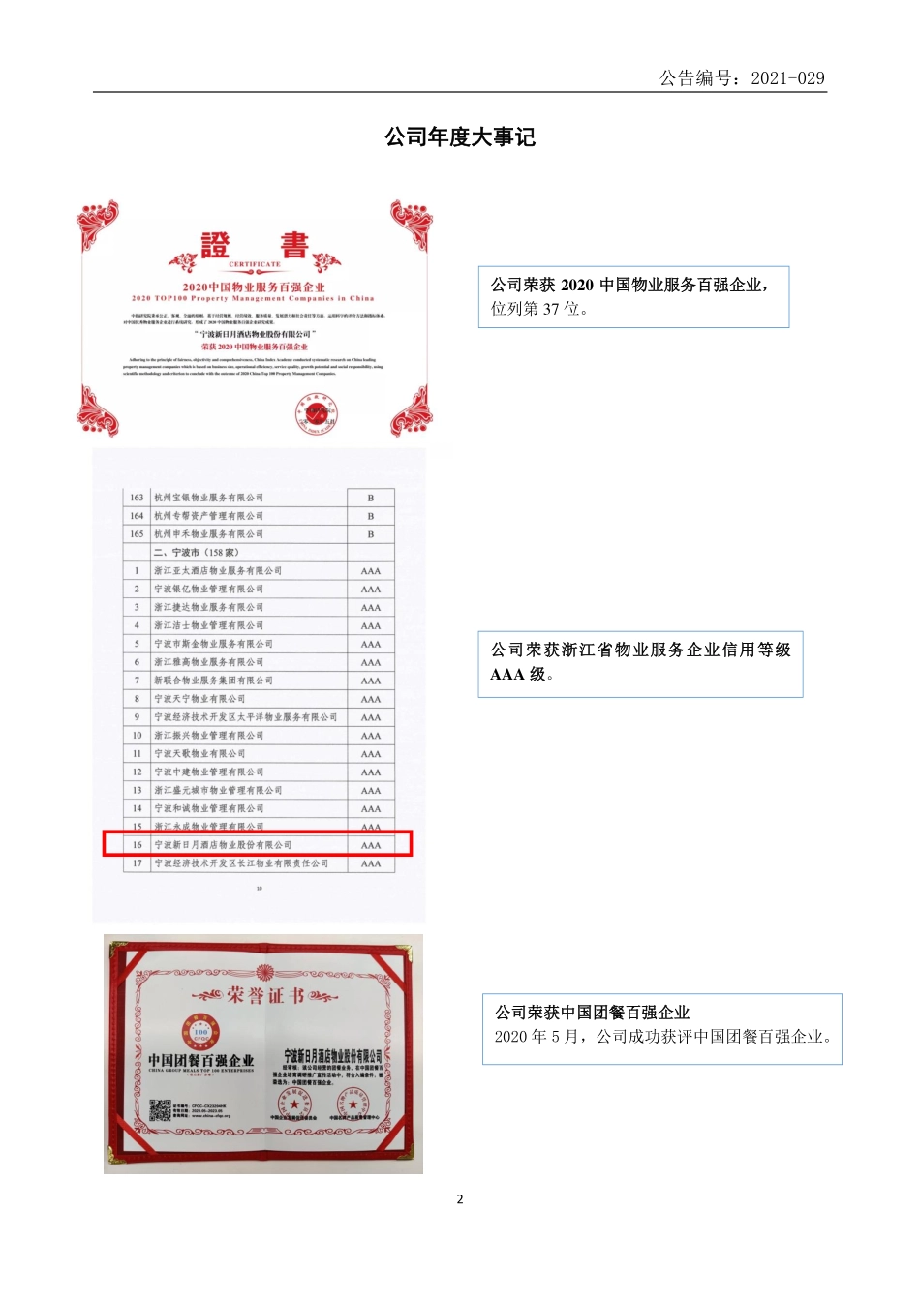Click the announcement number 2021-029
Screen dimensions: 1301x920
787,78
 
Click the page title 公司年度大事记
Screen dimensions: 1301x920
460,137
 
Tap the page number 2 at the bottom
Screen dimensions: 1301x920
460,1198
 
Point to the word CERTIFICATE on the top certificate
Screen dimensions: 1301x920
255,263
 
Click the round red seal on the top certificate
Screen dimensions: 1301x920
316,414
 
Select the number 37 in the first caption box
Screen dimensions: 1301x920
551,309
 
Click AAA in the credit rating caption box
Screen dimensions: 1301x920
507,674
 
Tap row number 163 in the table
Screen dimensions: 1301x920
137,498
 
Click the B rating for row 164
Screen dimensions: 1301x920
370,516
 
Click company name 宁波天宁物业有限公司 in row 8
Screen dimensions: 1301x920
199,699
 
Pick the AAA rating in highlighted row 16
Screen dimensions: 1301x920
370,845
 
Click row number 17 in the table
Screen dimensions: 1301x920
137,863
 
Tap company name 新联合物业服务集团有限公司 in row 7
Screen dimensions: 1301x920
213,681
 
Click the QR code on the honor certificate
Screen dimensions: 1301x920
160,1110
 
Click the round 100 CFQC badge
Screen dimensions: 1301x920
200,1033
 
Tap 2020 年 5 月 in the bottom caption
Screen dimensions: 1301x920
536,1037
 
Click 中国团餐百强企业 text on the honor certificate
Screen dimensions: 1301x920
201,1060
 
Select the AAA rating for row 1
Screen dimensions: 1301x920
370,571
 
